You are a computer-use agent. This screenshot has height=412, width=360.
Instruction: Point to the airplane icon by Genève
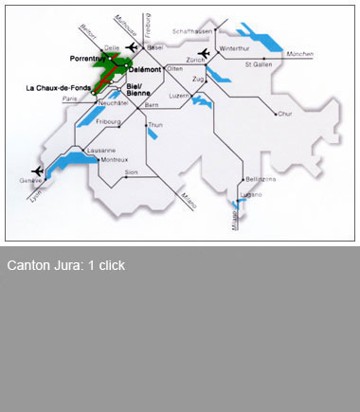pos(37,170)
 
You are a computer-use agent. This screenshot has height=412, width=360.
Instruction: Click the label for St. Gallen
pos(260,65)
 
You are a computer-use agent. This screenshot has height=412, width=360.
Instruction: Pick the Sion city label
pos(132,171)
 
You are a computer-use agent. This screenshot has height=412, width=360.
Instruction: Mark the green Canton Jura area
pos(106,72)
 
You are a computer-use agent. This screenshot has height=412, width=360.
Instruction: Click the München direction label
pos(297,54)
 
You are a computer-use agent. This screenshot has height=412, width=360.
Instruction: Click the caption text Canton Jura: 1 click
pos(66,265)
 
